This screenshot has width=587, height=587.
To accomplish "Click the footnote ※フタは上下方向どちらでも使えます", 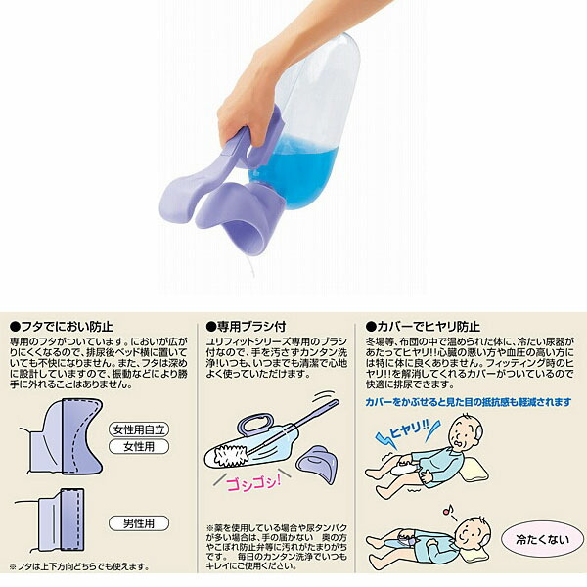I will [79, 566].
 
